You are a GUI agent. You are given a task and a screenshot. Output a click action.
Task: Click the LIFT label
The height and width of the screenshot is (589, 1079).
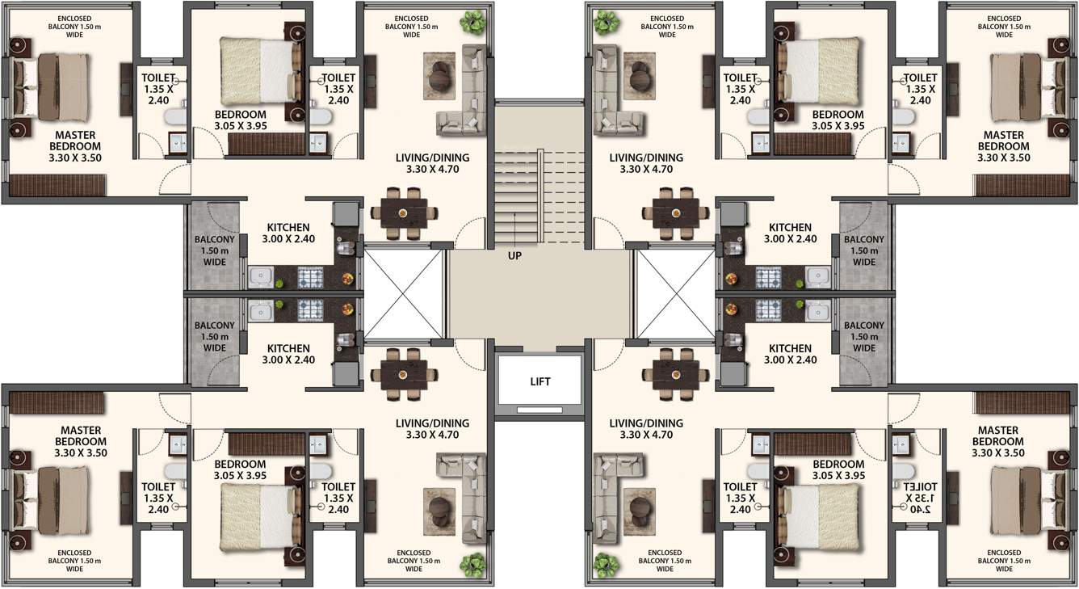(x=540, y=381)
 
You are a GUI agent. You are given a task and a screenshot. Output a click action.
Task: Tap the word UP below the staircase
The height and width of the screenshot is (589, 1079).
(x=514, y=255)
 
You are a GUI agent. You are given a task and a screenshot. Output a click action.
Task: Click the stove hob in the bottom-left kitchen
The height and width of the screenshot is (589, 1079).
(x=309, y=309)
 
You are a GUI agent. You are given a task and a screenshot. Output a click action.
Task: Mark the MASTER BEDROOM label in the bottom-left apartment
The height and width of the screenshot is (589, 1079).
(x=81, y=441)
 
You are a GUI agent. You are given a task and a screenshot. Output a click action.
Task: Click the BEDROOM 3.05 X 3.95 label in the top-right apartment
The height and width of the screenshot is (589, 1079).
(x=838, y=120)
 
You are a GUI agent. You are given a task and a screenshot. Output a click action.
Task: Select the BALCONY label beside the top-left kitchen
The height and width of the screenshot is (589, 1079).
(x=215, y=250)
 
